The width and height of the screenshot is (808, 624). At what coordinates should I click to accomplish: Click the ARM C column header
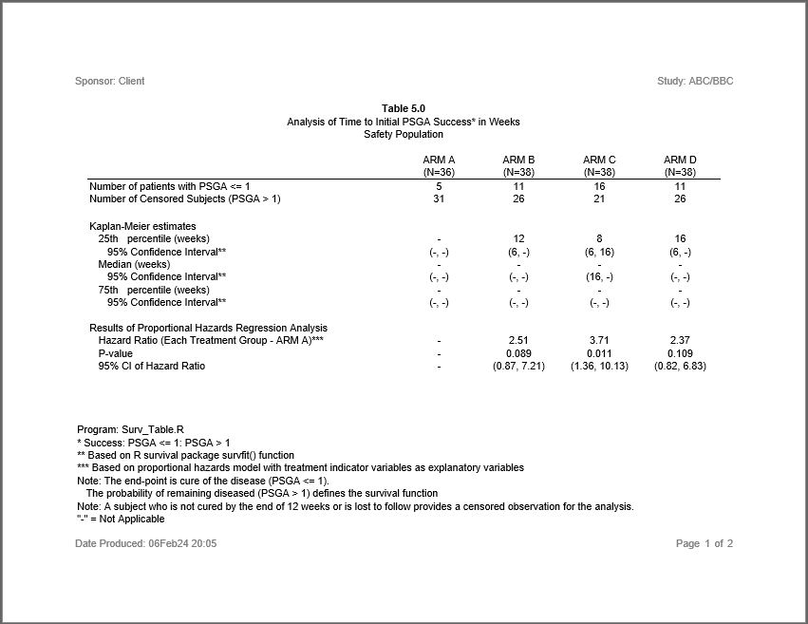click(599, 160)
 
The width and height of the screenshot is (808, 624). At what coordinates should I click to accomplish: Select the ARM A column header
click(439, 160)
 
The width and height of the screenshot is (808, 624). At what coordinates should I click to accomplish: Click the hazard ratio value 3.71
click(599, 340)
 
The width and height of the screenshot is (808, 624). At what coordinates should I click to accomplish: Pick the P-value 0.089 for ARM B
click(518, 353)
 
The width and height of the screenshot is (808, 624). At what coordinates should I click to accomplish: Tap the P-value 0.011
click(599, 353)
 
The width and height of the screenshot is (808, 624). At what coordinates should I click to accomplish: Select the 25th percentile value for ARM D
click(680, 239)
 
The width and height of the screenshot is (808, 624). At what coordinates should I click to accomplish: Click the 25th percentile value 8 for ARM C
click(599, 239)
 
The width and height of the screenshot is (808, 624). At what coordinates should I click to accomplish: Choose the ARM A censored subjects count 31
click(439, 199)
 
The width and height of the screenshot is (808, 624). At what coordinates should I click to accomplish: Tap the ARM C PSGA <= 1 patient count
click(599, 187)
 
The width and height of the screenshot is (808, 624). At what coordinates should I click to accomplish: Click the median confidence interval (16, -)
click(599, 277)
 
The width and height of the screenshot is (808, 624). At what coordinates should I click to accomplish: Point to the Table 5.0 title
click(404, 109)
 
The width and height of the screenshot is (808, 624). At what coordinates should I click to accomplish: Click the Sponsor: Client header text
click(110, 82)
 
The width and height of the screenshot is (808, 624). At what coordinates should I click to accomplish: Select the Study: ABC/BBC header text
click(695, 82)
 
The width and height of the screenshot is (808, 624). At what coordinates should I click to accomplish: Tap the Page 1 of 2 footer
click(705, 544)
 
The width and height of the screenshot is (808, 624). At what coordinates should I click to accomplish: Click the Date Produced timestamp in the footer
click(146, 544)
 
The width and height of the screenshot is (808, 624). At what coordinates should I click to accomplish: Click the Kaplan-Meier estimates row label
click(142, 227)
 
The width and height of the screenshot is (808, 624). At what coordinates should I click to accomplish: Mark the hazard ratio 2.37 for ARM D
click(680, 340)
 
